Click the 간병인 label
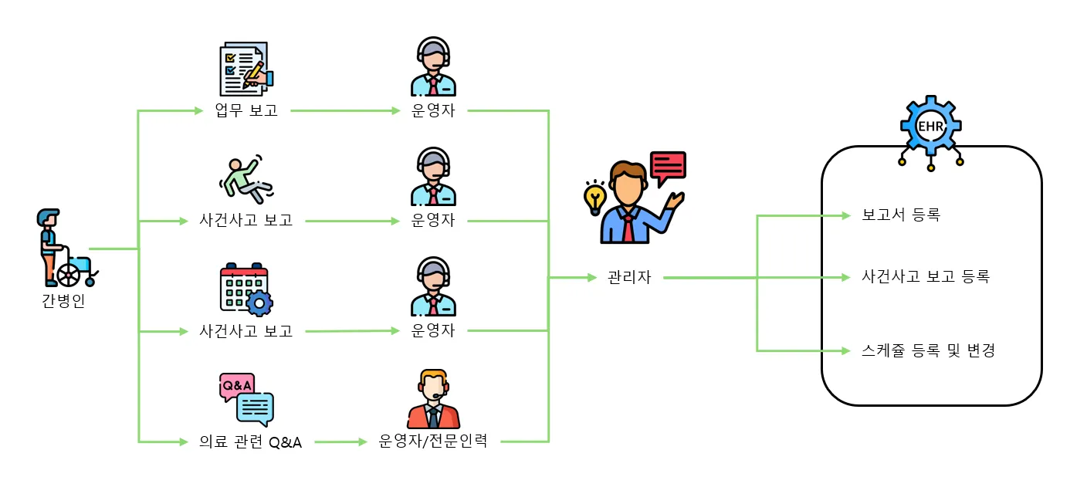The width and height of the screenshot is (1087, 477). [63, 301]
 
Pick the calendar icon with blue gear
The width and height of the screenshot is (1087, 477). [246, 289]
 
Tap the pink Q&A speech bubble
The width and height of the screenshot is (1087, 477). [236, 385]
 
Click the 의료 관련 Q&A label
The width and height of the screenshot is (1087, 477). [250, 442]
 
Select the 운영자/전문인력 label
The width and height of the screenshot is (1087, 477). [433, 442]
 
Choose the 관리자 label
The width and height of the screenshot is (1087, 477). [629, 277]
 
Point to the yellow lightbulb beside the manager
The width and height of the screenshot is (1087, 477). [594, 198]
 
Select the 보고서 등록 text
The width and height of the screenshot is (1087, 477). [900, 215]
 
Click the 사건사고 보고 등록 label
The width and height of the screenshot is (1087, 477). [925, 276]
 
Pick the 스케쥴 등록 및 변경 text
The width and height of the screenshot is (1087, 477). [928, 350]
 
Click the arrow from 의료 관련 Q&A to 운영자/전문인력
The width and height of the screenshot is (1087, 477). [340, 442]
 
